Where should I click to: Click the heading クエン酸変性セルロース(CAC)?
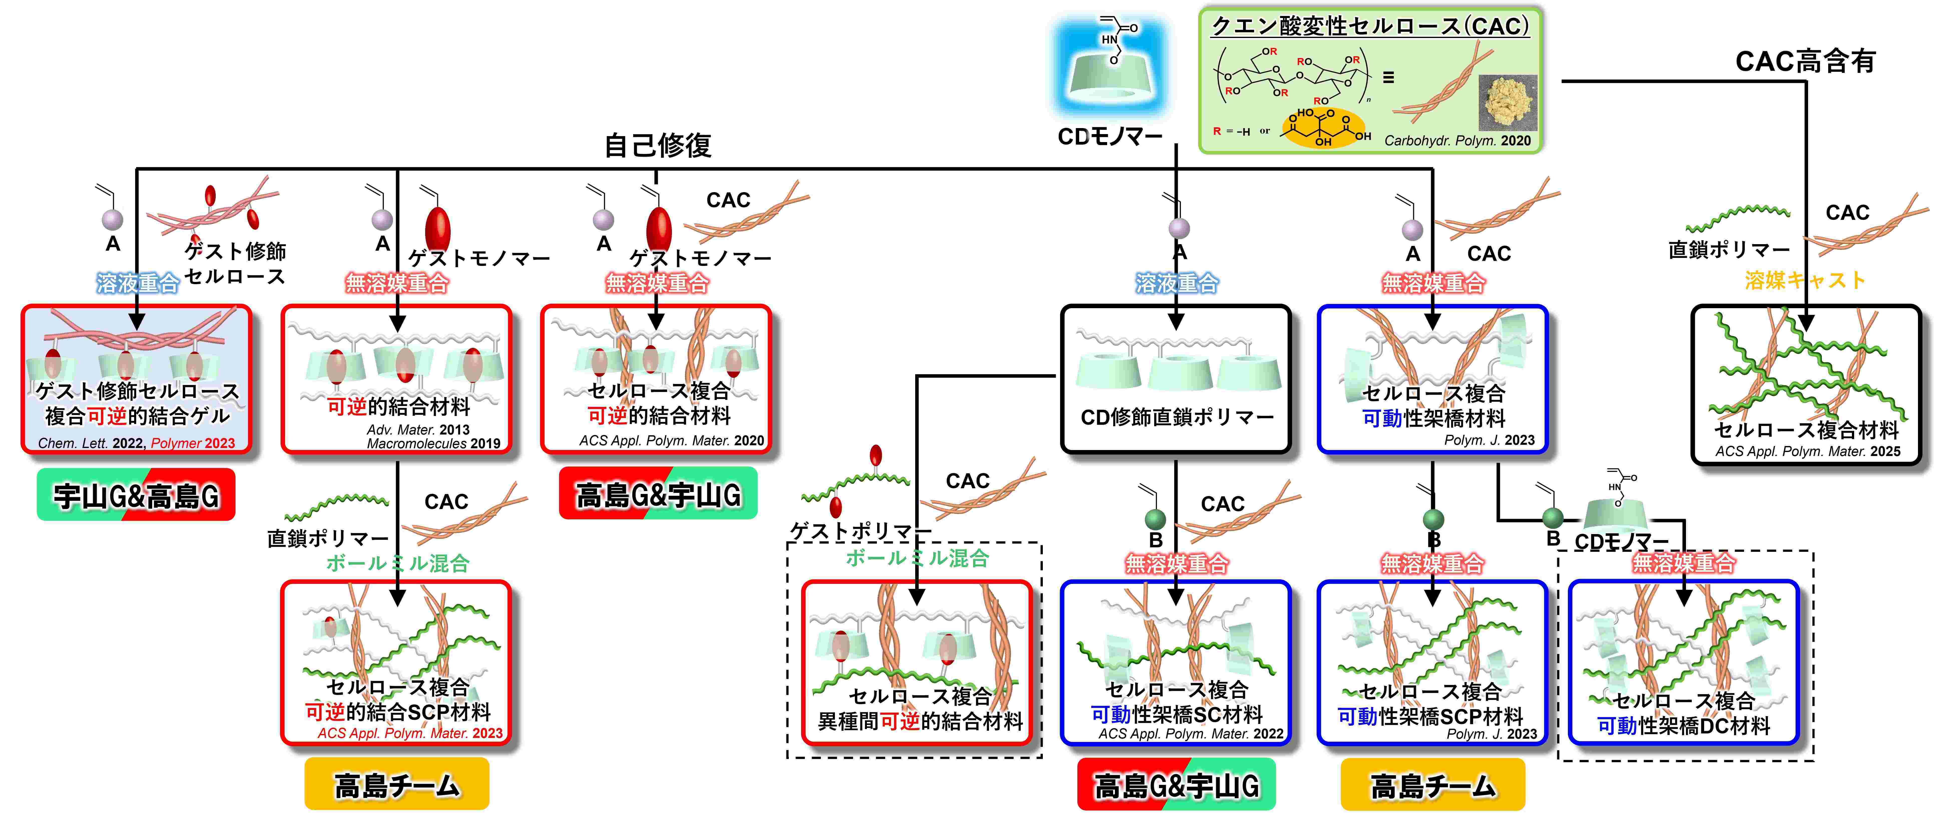pos(1370,27)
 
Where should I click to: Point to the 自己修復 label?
pos(658,145)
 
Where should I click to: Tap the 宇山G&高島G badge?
pos(136,495)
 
